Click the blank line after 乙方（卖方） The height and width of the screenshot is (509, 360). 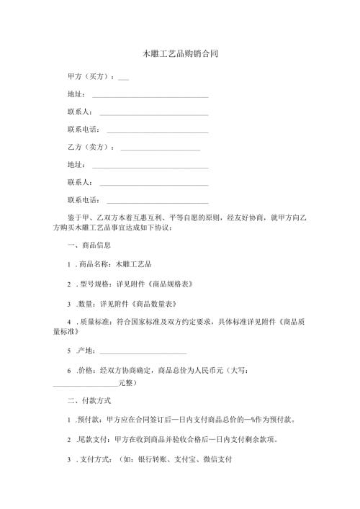[x=160, y=149]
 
